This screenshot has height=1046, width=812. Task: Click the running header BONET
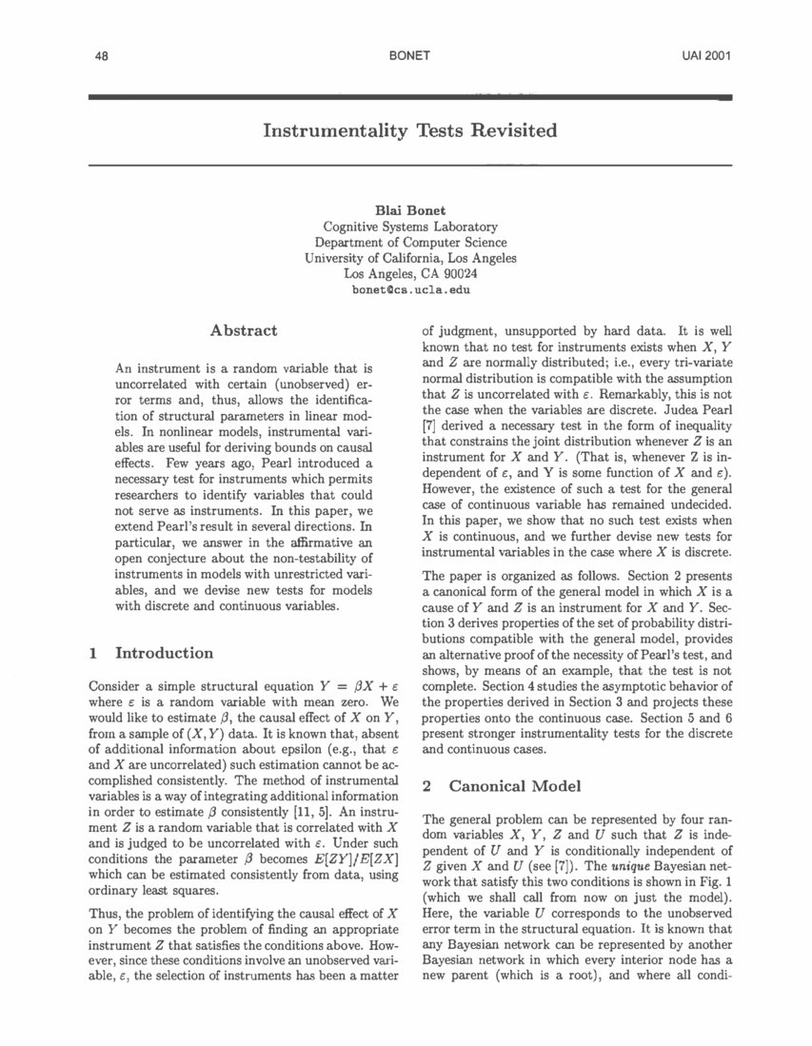click(x=409, y=56)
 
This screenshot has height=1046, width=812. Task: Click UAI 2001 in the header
click(x=706, y=56)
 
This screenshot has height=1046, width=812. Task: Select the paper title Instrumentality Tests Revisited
click(x=409, y=130)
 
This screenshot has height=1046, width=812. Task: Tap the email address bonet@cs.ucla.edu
click(x=410, y=288)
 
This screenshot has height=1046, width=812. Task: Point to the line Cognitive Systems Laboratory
click(x=410, y=227)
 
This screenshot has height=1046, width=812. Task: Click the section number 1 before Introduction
click(x=92, y=653)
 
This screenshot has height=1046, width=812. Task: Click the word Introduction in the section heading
click(x=164, y=653)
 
